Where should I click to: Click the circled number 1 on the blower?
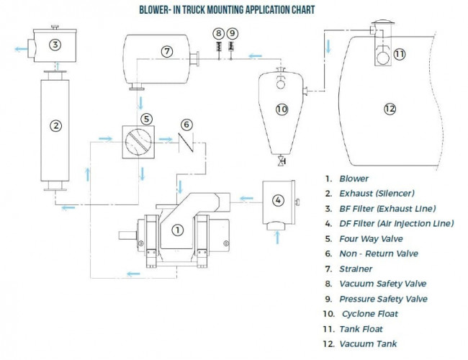click(178, 230)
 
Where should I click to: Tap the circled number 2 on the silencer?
click(55, 125)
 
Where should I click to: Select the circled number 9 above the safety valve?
click(231, 33)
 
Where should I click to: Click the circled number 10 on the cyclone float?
click(282, 109)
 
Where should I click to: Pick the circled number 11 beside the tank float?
click(400, 53)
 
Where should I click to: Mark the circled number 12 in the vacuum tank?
click(390, 109)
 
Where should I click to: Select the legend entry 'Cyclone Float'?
click(370, 314)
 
